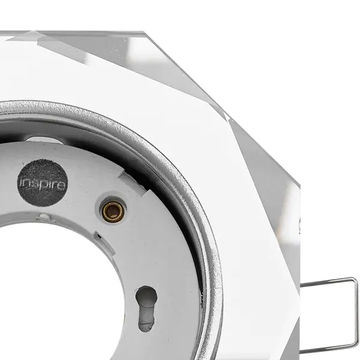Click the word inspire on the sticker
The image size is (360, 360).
click(x=43, y=184)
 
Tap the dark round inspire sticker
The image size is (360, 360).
click(x=43, y=183)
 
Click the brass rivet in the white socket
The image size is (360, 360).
click(x=113, y=211)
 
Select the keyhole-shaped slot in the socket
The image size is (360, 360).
click(x=146, y=308)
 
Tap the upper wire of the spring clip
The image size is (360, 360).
click(x=328, y=282)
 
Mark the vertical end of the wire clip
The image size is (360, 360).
click(x=356, y=314)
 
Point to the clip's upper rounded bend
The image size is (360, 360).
click(x=355, y=280)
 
